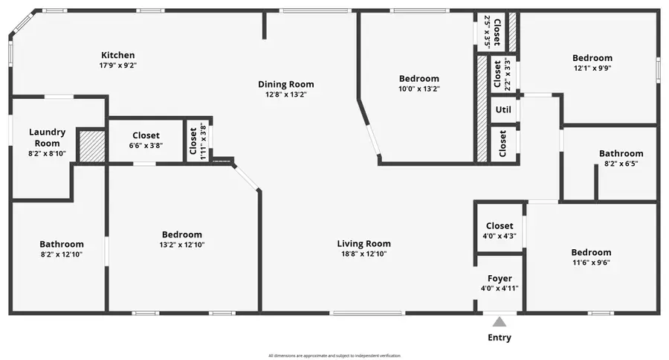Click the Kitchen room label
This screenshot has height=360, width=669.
click(118, 55)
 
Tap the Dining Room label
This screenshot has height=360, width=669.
click(285, 84)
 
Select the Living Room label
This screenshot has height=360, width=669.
click(363, 244)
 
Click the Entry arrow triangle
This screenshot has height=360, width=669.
click(500, 322)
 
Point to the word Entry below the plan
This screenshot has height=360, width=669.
click(500, 338)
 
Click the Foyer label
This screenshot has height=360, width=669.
click(500, 279)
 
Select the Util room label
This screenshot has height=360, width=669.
click(503, 110)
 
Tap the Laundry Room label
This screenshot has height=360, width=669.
click(47, 138)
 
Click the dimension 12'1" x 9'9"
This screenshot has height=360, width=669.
click(592, 68)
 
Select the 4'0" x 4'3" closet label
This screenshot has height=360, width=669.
click(500, 236)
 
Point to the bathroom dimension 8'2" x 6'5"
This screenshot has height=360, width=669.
click(621, 163)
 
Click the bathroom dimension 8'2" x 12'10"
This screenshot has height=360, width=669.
click(62, 254)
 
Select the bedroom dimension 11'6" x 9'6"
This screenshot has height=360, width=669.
click(591, 262)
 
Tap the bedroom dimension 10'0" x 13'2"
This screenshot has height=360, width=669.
click(418, 89)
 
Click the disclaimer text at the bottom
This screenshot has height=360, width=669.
click(334, 356)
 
